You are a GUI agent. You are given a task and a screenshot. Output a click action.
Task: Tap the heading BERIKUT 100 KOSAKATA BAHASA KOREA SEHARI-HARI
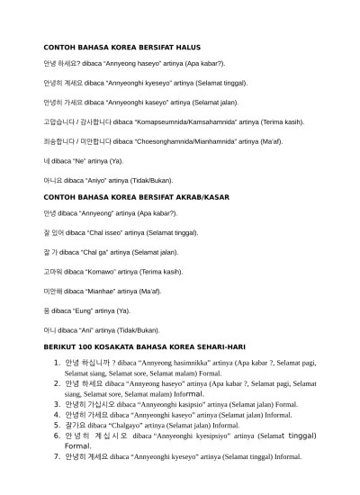tap(144, 346)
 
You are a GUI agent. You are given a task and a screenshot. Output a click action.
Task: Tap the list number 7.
tap(57, 456)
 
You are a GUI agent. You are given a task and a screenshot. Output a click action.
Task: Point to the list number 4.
tap(57, 415)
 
